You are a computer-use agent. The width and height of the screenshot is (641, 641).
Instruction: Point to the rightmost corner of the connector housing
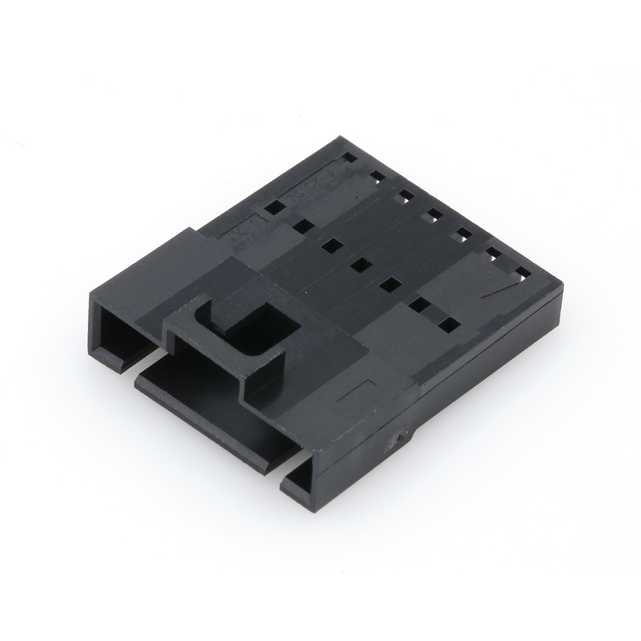coord(563,290)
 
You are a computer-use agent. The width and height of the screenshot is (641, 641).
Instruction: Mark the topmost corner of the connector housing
coord(344,138)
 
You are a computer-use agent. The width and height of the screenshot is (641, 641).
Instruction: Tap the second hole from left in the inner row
coord(302,226)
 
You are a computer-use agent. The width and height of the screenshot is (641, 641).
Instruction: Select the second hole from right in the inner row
coord(418,305)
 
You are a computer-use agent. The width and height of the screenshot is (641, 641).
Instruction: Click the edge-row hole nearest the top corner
coord(348,158)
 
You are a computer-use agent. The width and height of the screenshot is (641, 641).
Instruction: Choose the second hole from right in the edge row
coord(493,253)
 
